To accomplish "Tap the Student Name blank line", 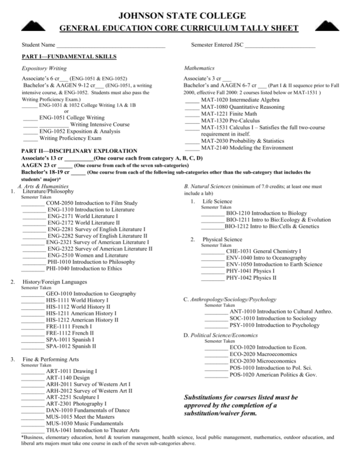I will (111, 46).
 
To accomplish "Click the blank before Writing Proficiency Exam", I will (30, 138).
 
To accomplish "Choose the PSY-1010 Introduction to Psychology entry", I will (275, 325).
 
